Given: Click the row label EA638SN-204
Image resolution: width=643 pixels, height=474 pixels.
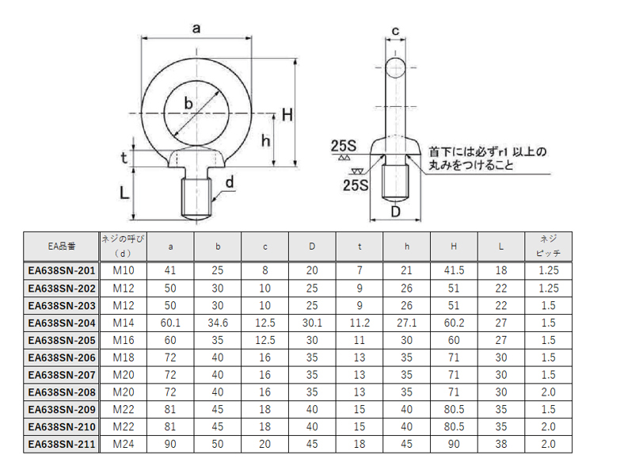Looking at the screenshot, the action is [x=62, y=323].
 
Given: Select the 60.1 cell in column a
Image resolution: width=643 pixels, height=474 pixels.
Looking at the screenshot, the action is [x=170, y=323].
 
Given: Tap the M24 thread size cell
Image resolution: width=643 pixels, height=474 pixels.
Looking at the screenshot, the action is [x=124, y=444].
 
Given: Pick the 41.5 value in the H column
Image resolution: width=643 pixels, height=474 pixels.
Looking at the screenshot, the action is [x=454, y=270].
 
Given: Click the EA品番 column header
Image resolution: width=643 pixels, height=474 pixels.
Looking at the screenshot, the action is [x=62, y=247].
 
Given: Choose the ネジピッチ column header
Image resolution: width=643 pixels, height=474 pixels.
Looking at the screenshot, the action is [x=548, y=246].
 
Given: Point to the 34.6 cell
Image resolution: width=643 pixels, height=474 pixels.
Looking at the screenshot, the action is [x=218, y=323].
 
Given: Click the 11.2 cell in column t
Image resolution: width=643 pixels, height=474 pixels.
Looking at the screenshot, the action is [x=360, y=323].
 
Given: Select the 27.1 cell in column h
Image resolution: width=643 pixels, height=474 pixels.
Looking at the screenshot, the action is [x=407, y=323].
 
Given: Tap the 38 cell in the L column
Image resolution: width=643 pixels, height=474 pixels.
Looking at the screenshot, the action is [x=501, y=444].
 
